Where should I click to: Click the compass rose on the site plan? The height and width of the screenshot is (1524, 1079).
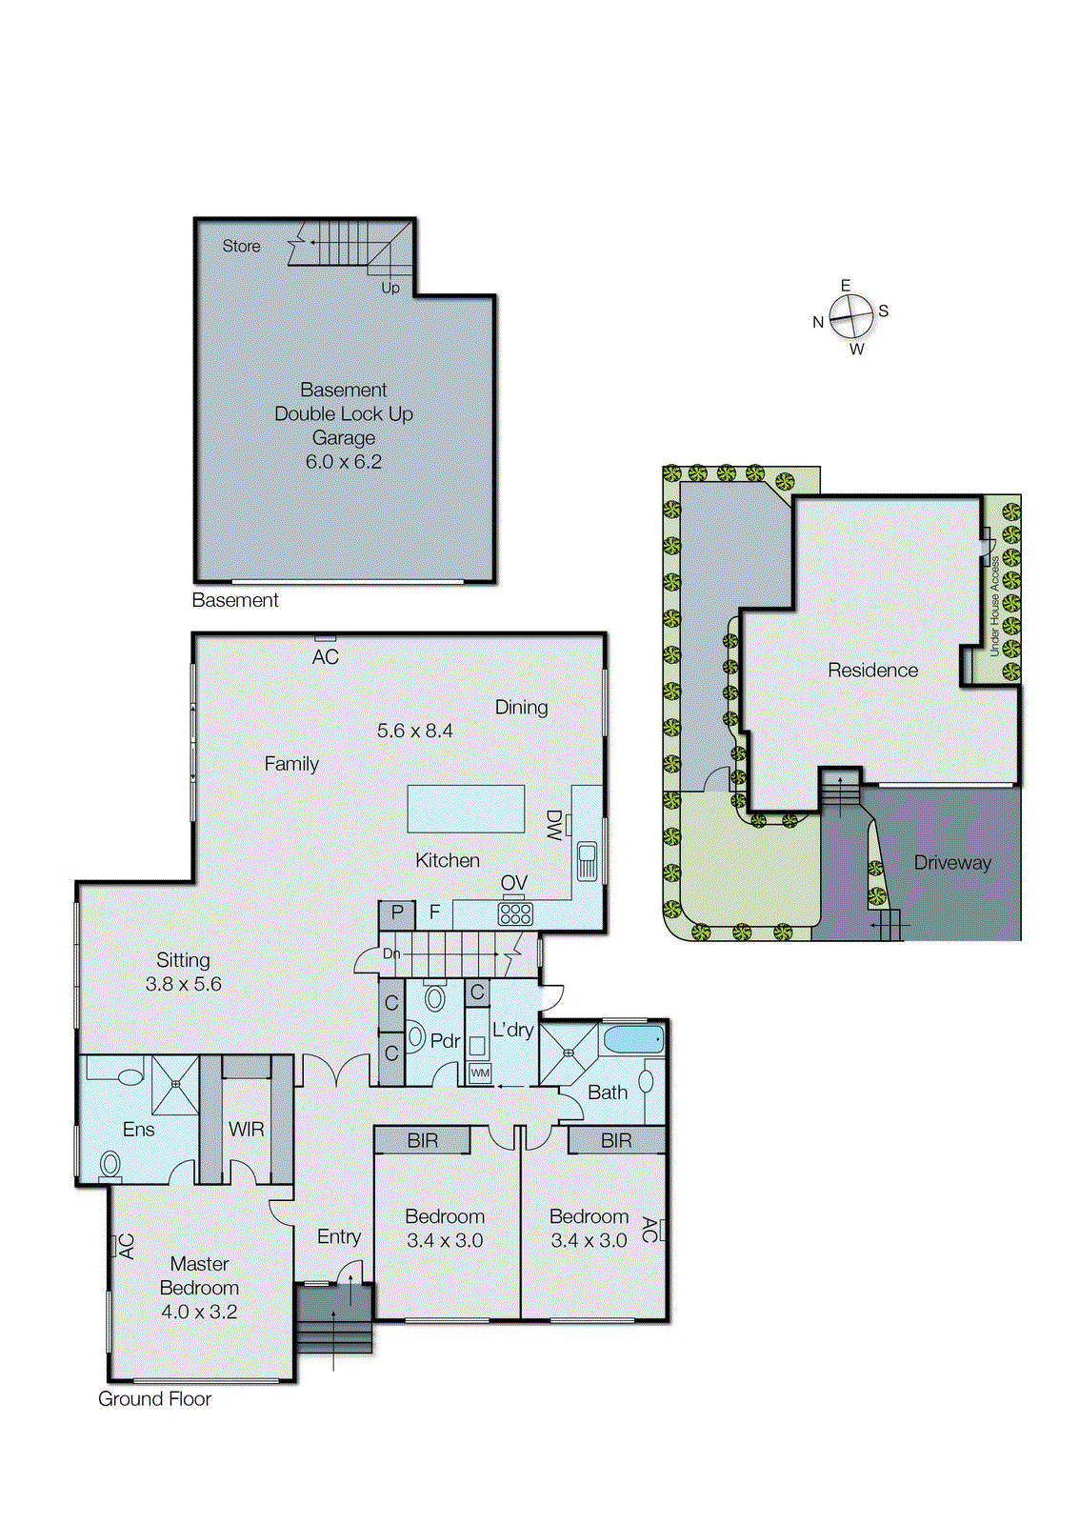point(850,316)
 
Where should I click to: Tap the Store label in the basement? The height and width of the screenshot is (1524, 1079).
point(241,246)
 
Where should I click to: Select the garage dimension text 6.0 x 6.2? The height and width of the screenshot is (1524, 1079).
point(343,462)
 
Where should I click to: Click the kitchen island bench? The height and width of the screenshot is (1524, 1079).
point(466,809)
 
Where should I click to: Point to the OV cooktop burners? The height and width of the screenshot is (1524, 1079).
point(515,913)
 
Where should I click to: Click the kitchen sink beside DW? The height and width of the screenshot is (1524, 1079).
point(587,860)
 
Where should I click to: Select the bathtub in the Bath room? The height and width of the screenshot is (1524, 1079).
point(633,1038)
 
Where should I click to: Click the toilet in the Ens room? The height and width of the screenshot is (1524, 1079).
point(110,1163)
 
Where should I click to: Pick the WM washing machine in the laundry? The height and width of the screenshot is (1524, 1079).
point(480,1073)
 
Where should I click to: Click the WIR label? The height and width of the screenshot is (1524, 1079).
point(246,1130)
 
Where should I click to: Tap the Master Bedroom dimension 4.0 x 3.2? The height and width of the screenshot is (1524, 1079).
point(199,1312)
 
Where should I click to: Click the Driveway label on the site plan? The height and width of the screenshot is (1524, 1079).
point(951,863)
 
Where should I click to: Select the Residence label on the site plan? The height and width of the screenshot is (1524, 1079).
point(872,671)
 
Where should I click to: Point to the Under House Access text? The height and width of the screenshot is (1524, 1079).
point(994,606)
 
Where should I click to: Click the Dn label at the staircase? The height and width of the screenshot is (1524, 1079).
point(391,953)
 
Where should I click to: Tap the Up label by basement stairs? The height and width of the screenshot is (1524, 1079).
point(390,288)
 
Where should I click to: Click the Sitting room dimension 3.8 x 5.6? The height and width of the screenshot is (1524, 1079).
point(183,984)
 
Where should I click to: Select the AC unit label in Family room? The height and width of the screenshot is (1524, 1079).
point(325,656)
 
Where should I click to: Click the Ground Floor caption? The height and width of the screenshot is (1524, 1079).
point(154,1399)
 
